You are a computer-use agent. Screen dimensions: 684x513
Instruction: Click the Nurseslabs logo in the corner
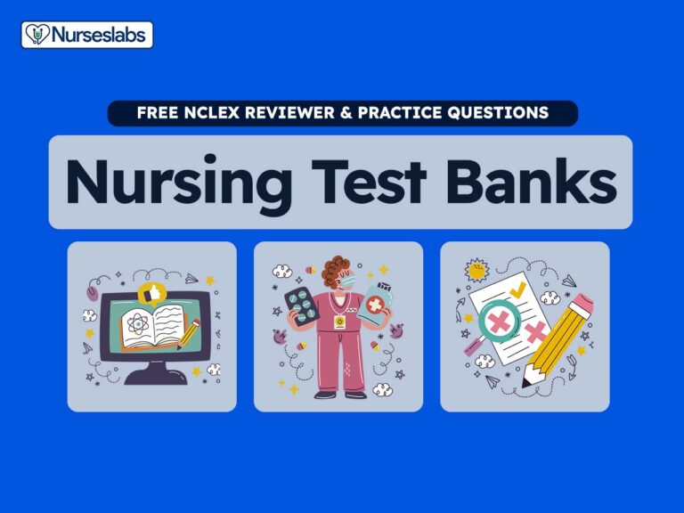(87, 35)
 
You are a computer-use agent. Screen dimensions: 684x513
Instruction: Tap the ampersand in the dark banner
(346, 112)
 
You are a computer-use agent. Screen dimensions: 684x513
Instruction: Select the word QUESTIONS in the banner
(498, 112)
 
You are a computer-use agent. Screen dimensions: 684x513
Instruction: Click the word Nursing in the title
(179, 183)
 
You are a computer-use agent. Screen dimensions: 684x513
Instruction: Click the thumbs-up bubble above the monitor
(150, 293)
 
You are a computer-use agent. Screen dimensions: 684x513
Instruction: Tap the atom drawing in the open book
(138, 324)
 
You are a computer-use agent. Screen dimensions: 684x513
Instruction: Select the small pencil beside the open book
(189, 334)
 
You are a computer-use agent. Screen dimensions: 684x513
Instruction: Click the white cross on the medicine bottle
(375, 305)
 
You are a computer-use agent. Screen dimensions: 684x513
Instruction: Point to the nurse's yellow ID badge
(339, 322)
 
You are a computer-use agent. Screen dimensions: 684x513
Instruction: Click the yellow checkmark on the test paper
(517, 289)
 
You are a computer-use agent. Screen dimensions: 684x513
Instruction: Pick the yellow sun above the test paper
(476, 270)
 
